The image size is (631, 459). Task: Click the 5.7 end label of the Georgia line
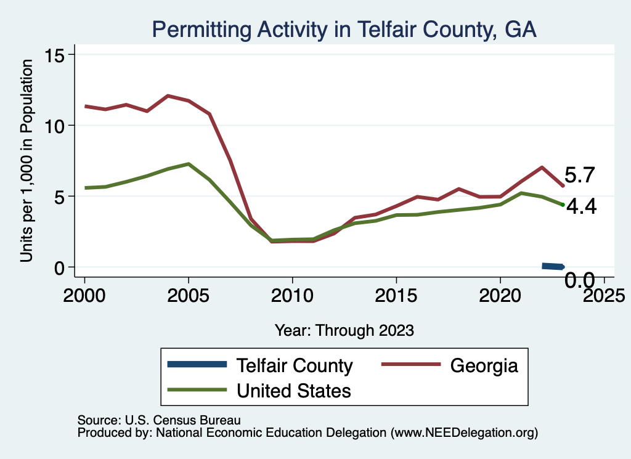point(579,176)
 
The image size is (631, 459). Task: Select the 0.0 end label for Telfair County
point(580,281)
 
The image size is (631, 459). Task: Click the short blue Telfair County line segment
point(552,266)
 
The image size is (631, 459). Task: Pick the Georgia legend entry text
point(484,365)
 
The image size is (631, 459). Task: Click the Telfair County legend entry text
point(295,365)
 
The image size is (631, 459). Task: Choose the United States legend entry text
point(294,390)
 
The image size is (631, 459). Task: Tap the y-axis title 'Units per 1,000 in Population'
point(26,161)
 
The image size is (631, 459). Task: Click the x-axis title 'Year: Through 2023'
point(344,330)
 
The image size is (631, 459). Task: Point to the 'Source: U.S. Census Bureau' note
point(158,420)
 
